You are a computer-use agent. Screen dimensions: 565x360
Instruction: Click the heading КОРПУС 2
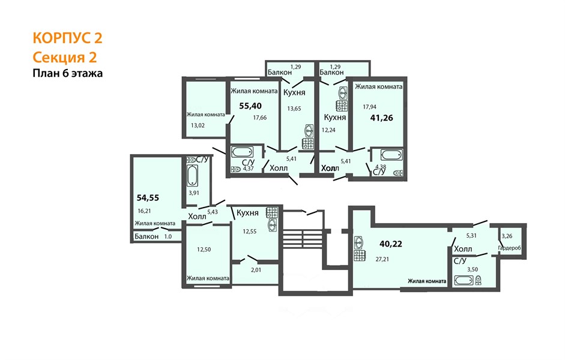pos(67,38)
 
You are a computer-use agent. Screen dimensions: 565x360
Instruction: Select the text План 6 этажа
pos(67,73)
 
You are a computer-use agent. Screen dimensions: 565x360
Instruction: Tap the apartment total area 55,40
pos(250,106)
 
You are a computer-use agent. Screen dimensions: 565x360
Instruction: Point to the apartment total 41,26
pos(382,118)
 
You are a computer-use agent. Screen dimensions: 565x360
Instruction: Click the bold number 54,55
pos(148,197)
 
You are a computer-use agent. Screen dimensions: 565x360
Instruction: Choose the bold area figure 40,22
pos(391,244)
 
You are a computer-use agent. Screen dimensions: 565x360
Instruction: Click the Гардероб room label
pos(510,248)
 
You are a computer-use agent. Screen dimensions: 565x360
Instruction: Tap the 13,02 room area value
pos(198,125)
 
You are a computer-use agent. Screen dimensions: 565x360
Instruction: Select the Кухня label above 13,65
pos(294,92)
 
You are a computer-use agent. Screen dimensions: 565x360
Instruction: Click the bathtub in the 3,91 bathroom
pos(192,175)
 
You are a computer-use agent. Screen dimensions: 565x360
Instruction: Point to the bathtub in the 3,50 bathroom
pos(464,280)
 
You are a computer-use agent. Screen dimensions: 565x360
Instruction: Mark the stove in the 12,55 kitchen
pos(272,212)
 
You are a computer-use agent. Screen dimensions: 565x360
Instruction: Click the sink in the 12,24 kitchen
pos(343,94)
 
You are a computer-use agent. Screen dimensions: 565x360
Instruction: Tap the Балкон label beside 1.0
pos(147,236)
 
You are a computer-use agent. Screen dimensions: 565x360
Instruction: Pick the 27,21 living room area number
pos(382,259)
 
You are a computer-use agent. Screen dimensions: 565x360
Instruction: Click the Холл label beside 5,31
pos(463,249)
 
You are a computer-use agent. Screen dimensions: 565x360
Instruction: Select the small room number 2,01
pos(256,269)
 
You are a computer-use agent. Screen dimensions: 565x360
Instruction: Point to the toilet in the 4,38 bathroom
pos(398,173)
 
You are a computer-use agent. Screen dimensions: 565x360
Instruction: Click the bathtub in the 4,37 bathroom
pos(243,152)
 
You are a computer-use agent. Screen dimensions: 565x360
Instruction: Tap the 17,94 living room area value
pos(370,107)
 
